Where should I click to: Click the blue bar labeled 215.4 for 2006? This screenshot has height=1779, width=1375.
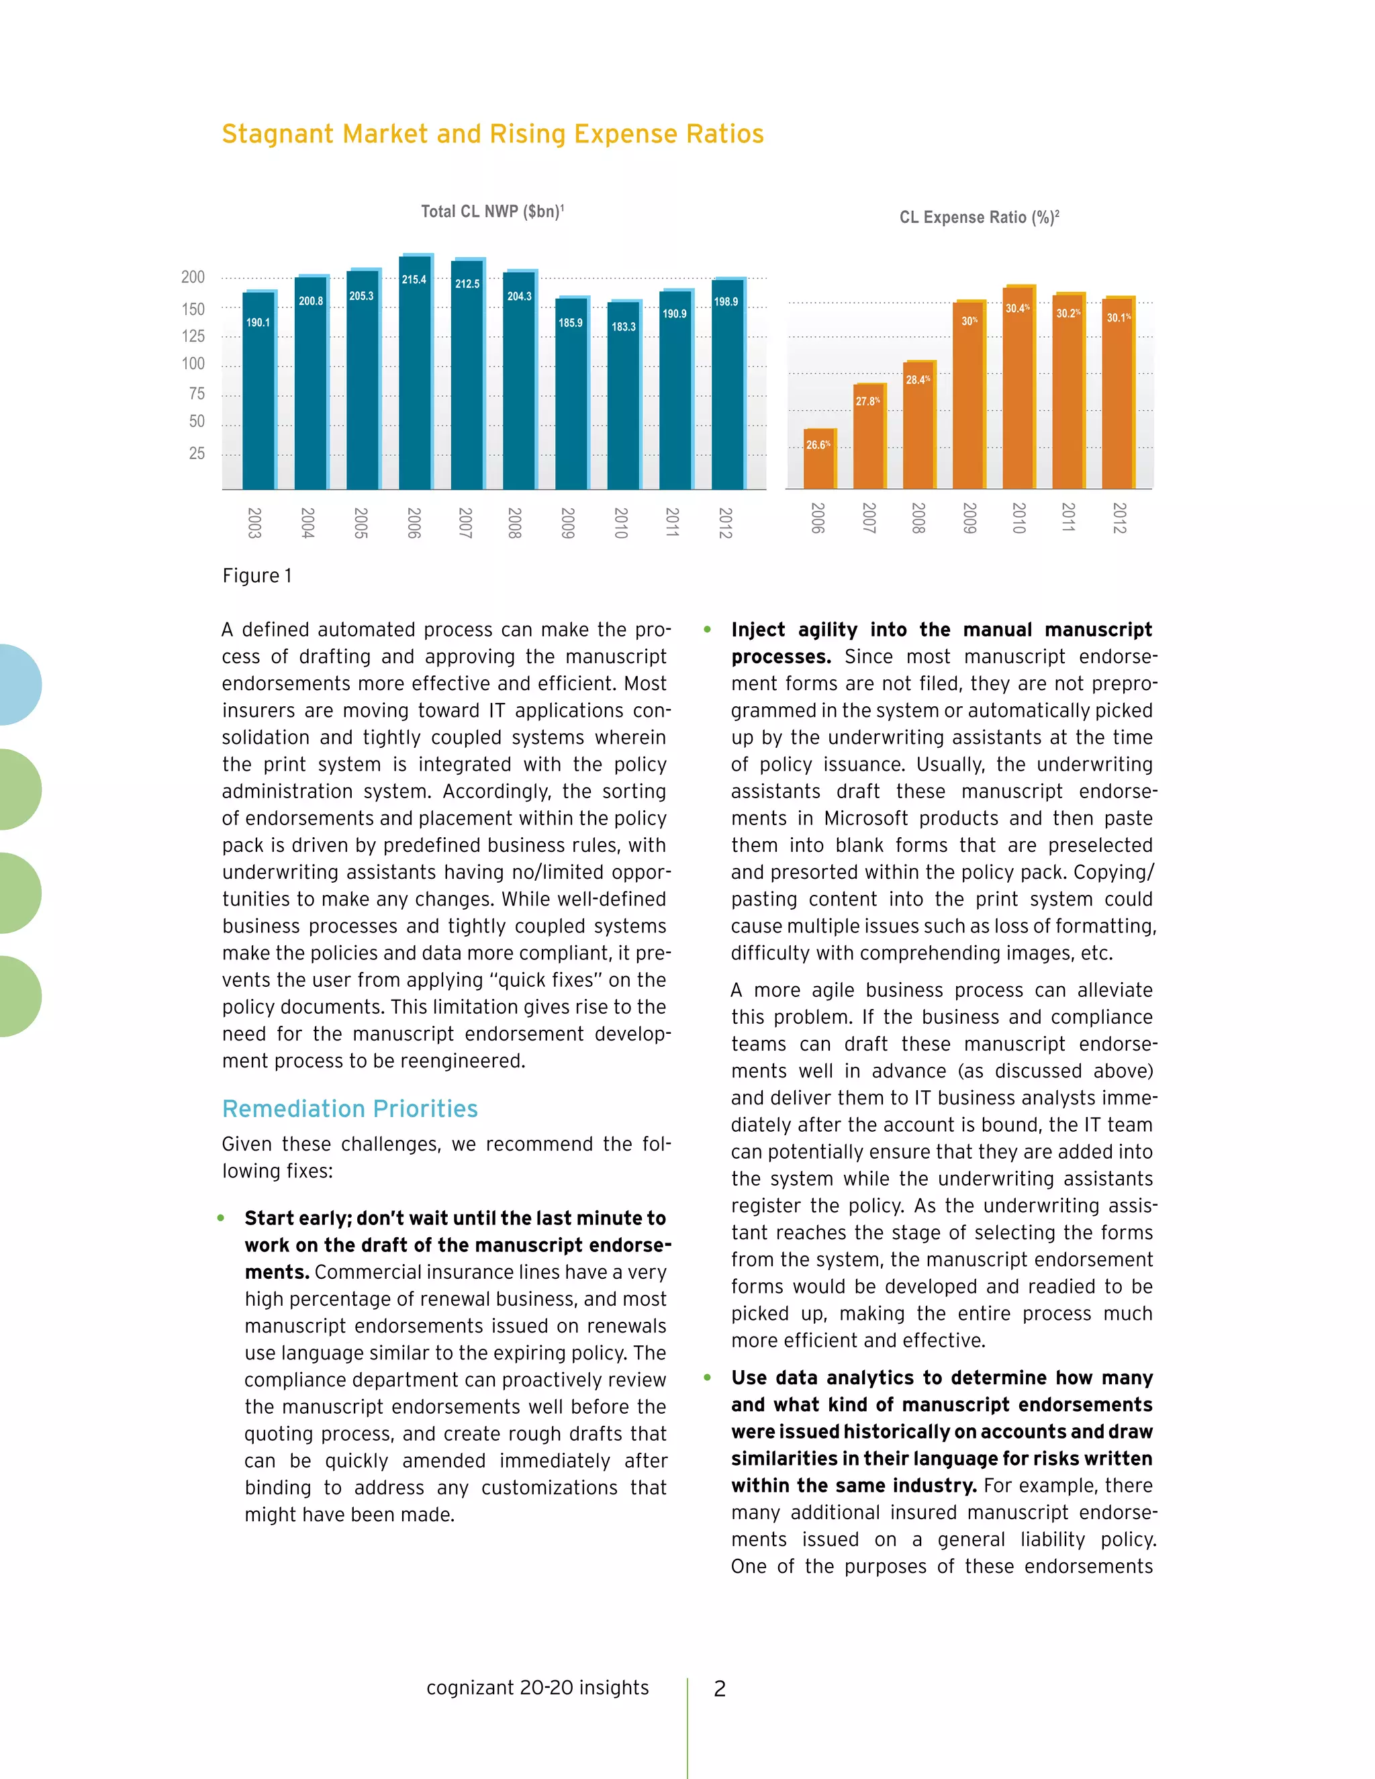pos(415,375)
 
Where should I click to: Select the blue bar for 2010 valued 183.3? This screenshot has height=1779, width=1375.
pos(624,399)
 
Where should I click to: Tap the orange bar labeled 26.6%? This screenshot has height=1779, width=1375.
pos(818,461)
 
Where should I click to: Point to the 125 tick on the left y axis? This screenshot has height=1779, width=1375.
pos(193,336)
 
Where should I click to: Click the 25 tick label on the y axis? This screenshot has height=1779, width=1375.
pos(196,453)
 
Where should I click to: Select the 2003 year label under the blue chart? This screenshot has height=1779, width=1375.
pos(254,522)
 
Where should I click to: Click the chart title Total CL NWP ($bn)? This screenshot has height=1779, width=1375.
pos(492,211)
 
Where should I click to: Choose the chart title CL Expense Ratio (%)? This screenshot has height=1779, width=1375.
pos(978,218)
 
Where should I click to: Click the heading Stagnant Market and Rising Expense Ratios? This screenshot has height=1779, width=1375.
pos(492,134)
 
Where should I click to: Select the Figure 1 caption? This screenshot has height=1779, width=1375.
pos(256,576)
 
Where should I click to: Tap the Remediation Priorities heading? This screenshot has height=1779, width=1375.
pos(349,1108)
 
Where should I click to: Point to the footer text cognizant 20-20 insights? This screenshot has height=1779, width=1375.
pos(537,1687)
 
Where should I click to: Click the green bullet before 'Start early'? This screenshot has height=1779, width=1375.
pos(221,1218)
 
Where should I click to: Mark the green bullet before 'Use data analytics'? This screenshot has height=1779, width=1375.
pos(707,1378)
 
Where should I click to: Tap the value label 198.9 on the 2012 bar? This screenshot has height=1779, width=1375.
pos(726,302)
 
